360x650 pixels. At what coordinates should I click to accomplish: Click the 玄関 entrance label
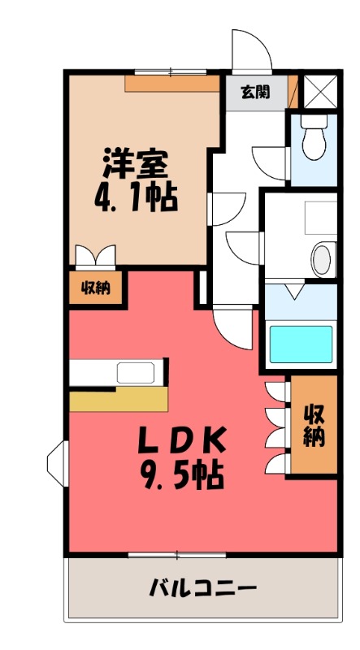(x=255, y=93)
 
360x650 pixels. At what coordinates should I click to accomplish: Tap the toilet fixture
(x=314, y=137)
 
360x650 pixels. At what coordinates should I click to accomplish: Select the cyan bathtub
(x=301, y=344)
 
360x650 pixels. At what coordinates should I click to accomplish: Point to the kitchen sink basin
(x=136, y=372)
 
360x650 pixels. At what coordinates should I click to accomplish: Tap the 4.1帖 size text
(x=136, y=197)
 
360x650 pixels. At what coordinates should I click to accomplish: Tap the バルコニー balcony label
(x=203, y=588)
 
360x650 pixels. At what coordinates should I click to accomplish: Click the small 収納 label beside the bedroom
(x=96, y=288)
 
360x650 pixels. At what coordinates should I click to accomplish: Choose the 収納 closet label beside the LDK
(x=314, y=425)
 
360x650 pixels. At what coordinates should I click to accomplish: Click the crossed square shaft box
(x=321, y=92)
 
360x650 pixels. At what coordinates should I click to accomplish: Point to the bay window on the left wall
(x=57, y=463)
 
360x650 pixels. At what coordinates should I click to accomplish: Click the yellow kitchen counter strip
(x=119, y=399)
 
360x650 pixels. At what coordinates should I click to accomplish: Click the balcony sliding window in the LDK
(x=177, y=555)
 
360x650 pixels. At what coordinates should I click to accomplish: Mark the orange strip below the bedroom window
(x=172, y=84)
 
